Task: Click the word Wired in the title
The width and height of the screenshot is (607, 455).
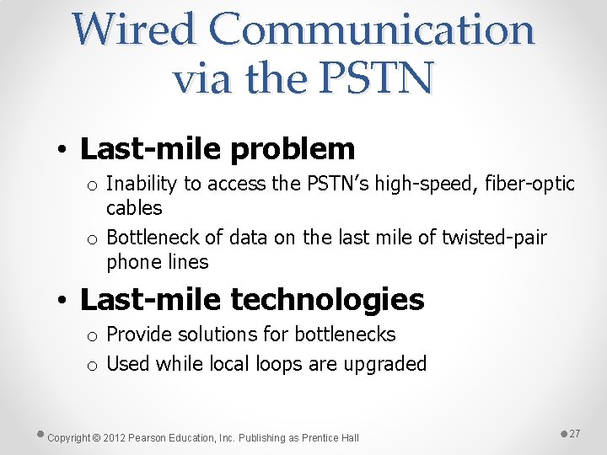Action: pos(133,29)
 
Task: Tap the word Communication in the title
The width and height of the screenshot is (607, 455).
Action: pos(372,29)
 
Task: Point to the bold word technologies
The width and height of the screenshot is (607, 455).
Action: pos(327,299)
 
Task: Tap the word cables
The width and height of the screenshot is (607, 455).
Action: pos(134,207)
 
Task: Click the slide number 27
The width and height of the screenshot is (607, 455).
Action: pos(575,433)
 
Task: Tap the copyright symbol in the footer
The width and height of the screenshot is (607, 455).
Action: pos(96,437)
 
